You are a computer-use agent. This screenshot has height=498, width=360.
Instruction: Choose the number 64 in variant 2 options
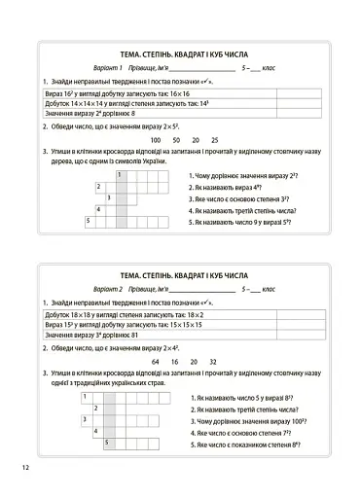tap(158, 360)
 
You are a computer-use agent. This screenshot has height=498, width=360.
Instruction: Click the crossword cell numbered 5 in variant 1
tap(89, 221)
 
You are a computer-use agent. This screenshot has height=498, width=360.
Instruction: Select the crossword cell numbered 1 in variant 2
tap(86, 397)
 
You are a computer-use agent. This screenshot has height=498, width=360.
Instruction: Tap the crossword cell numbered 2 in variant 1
tap(99, 186)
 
